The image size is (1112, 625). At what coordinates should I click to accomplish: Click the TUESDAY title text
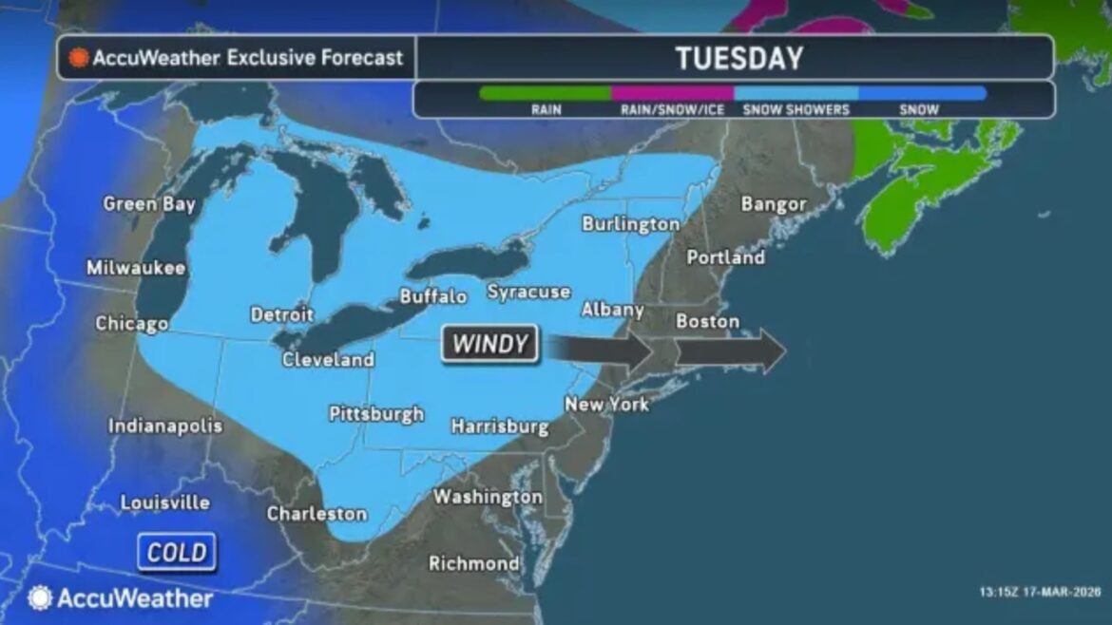[738, 58]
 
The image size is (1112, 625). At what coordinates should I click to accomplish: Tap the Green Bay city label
[149, 204]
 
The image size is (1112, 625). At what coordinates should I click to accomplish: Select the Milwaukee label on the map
[136, 268]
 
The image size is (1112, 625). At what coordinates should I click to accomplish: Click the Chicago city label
[131, 324]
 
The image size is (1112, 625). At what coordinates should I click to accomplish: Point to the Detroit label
[281, 314]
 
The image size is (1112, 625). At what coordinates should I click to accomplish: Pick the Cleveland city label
[328, 360]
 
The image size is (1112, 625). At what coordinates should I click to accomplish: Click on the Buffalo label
[432, 296]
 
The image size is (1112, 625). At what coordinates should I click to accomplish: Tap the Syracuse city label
[528, 292]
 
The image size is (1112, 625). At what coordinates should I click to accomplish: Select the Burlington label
[630, 224]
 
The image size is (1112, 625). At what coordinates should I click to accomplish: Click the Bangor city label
[773, 204]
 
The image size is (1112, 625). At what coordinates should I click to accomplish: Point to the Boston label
[707, 322]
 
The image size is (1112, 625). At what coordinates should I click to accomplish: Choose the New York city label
[606, 404]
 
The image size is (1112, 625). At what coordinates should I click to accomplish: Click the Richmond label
[473, 563]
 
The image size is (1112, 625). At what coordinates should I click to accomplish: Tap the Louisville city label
[164, 502]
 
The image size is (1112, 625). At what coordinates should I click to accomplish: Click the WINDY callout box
[489, 344]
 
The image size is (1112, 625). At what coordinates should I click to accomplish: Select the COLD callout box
[177, 553]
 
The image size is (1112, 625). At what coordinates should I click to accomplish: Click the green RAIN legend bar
[546, 93]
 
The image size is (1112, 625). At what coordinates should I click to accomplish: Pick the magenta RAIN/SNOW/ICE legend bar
[672, 93]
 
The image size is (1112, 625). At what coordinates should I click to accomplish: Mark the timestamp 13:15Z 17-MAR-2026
[1039, 592]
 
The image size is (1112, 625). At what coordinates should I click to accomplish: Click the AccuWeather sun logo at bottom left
[40, 597]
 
